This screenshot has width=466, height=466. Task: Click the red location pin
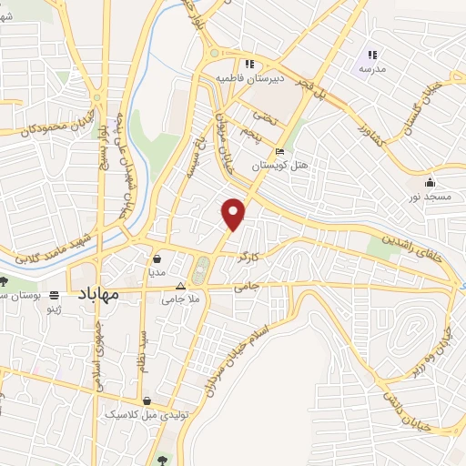point(235,213)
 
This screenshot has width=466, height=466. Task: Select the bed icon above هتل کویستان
point(279,151)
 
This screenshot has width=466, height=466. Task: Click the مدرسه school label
point(373,69)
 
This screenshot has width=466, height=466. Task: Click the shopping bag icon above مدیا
point(157,258)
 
